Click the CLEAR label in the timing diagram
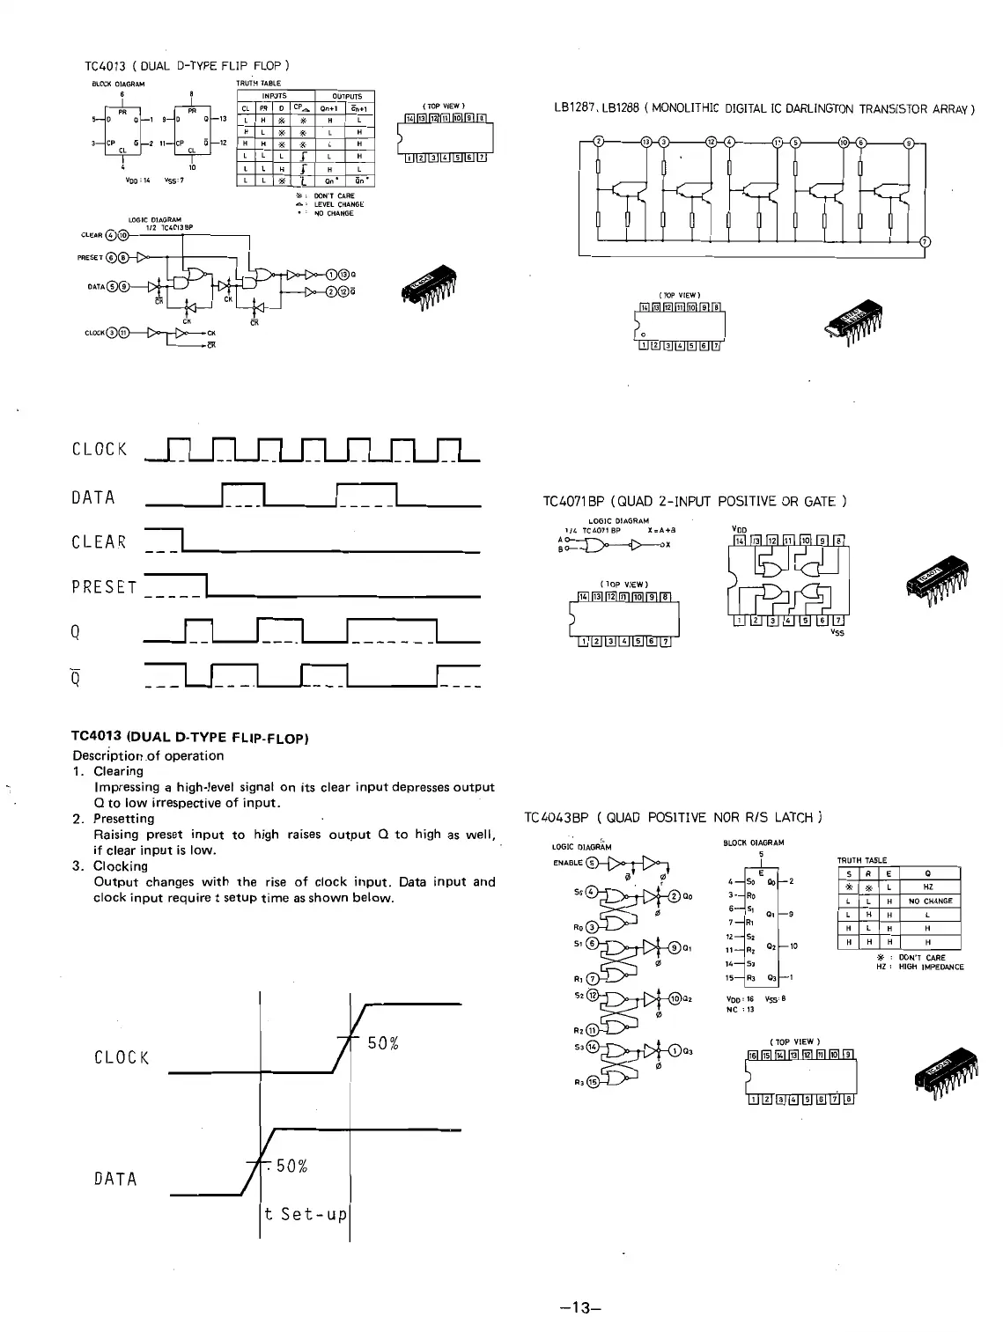click(x=99, y=542)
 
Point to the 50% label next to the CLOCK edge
click(x=384, y=1044)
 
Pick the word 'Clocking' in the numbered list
click(x=121, y=866)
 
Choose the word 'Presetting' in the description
click(x=124, y=819)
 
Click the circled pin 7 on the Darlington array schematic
click(x=924, y=242)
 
